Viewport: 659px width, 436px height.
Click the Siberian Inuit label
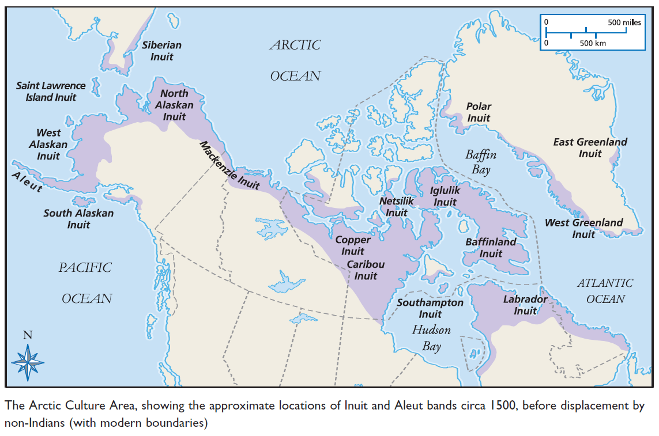pyautogui.click(x=161, y=51)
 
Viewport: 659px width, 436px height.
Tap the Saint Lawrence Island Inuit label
pyautogui.click(x=51, y=91)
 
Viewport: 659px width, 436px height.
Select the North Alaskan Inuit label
pyautogui.click(x=174, y=105)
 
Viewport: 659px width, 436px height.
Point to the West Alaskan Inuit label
pyautogui.click(x=48, y=145)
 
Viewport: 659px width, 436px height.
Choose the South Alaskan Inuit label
pyautogui.click(x=78, y=219)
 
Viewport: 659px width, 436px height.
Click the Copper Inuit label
pyautogui.click(x=353, y=245)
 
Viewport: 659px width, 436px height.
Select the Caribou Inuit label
pyautogui.click(x=366, y=270)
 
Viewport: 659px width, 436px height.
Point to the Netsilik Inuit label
pyautogui.click(x=396, y=207)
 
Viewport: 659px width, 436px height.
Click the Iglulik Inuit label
pyautogui.click(x=445, y=196)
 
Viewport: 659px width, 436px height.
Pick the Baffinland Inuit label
pyautogui.click(x=491, y=248)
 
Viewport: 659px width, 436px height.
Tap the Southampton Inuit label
pyautogui.click(x=430, y=308)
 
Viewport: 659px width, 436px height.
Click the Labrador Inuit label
pyautogui.click(x=525, y=305)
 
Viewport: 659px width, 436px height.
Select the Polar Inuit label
pyautogui.click(x=479, y=112)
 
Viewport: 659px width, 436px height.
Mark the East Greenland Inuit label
pyautogui.click(x=590, y=147)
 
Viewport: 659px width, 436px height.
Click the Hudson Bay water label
pyautogui.click(x=431, y=338)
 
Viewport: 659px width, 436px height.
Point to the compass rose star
pyautogui.click(x=28, y=362)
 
